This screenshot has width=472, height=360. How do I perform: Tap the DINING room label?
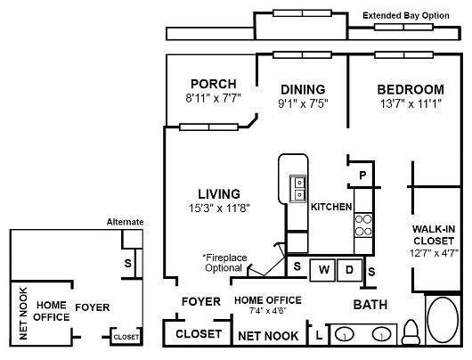coord(303,90)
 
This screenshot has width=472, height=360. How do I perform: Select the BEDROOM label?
coord(410,90)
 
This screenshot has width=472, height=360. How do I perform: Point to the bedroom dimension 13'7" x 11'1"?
coord(410,104)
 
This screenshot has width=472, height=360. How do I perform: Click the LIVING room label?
coord(218,193)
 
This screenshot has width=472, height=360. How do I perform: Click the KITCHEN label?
coord(332,207)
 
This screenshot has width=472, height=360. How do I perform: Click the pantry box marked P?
coord(362,176)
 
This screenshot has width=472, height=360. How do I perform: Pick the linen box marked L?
coord(319,335)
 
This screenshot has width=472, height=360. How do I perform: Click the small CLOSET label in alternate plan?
coord(126,338)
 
